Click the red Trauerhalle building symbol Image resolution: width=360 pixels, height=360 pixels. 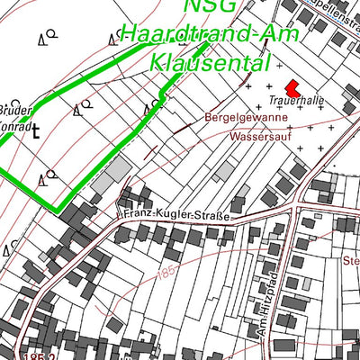click(x=292, y=87)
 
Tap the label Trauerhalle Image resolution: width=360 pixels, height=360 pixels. click(x=296, y=100)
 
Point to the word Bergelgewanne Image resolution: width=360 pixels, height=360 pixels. click(x=246, y=118)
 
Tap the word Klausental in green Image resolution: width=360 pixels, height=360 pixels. click(x=211, y=63)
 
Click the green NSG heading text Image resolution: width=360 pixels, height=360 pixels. click(x=210, y=7)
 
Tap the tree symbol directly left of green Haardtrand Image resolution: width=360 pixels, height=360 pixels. click(x=113, y=38)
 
